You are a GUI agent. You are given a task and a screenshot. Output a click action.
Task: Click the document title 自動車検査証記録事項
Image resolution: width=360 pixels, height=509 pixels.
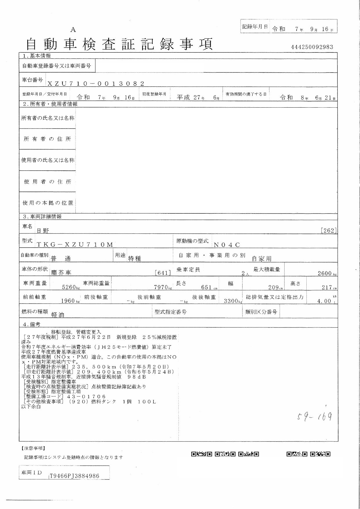click(120, 44)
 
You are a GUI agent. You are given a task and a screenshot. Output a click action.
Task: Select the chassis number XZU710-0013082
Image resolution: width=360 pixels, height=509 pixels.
click(96, 84)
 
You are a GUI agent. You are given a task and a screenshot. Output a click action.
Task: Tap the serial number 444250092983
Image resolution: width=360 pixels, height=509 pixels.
click(312, 47)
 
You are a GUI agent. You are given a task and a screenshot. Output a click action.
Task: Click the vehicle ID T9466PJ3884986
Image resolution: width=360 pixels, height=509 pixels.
click(75, 476)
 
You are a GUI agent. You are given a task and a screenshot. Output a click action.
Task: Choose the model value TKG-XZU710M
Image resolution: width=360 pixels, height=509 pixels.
click(75, 244)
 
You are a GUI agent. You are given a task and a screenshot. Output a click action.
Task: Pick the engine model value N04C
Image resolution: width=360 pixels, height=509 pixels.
click(227, 245)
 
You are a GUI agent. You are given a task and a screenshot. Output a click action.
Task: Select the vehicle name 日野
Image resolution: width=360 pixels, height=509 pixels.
click(43, 231)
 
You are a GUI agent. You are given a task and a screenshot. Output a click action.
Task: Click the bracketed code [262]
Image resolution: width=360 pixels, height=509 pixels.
click(329, 231)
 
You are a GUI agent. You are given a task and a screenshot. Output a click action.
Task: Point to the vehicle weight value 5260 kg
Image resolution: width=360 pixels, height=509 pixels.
click(71, 287)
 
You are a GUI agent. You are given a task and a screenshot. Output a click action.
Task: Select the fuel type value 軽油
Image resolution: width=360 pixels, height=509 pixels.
click(58, 315)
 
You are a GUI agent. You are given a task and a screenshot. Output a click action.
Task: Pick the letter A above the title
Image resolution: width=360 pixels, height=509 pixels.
click(73, 30)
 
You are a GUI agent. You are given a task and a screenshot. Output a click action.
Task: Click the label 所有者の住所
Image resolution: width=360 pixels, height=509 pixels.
click(47, 139)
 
